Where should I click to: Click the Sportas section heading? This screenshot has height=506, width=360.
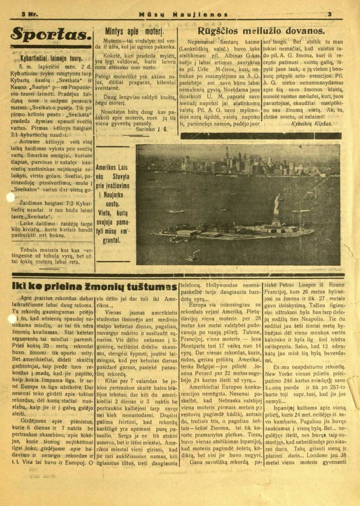click(50, 35)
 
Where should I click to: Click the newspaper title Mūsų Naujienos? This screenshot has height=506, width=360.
click(183, 15)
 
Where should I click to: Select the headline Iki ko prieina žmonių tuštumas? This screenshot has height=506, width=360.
click(94, 287)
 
